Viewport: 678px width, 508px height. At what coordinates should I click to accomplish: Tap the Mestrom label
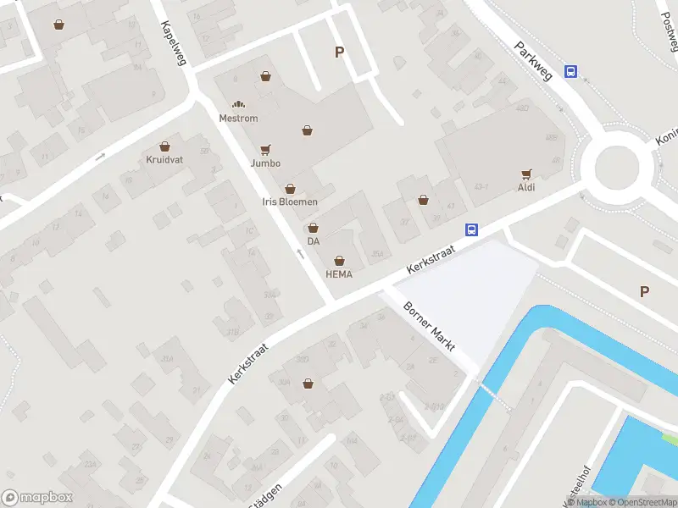tap(238, 119)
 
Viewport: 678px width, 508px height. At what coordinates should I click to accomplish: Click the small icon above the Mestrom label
tap(238, 104)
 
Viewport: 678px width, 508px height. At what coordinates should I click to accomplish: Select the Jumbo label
tap(265, 163)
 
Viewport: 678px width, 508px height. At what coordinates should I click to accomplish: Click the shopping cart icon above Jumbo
tap(265, 149)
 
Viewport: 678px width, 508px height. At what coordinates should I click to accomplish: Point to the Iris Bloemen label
tap(291, 202)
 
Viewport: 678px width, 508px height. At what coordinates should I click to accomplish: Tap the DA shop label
tap(314, 241)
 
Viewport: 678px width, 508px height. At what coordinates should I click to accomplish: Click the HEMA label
tap(339, 274)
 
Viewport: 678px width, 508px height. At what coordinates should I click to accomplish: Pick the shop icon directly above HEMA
tap(340, 260)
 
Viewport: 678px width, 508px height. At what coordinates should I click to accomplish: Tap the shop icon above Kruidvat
tap(164, 146)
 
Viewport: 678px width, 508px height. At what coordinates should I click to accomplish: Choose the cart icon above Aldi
tap(527, 174)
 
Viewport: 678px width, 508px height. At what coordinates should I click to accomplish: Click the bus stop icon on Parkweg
tap(572, 73)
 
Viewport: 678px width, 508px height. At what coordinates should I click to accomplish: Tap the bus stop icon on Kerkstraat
tap(472, 229)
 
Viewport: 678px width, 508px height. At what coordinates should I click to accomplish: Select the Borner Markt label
tap(430, 327)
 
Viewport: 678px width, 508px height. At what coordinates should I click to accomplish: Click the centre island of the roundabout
tap(620, 167)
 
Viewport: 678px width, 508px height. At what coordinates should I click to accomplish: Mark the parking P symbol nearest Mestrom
tap(339, 52)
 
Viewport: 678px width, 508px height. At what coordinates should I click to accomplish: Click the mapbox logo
tap(37, 498)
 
